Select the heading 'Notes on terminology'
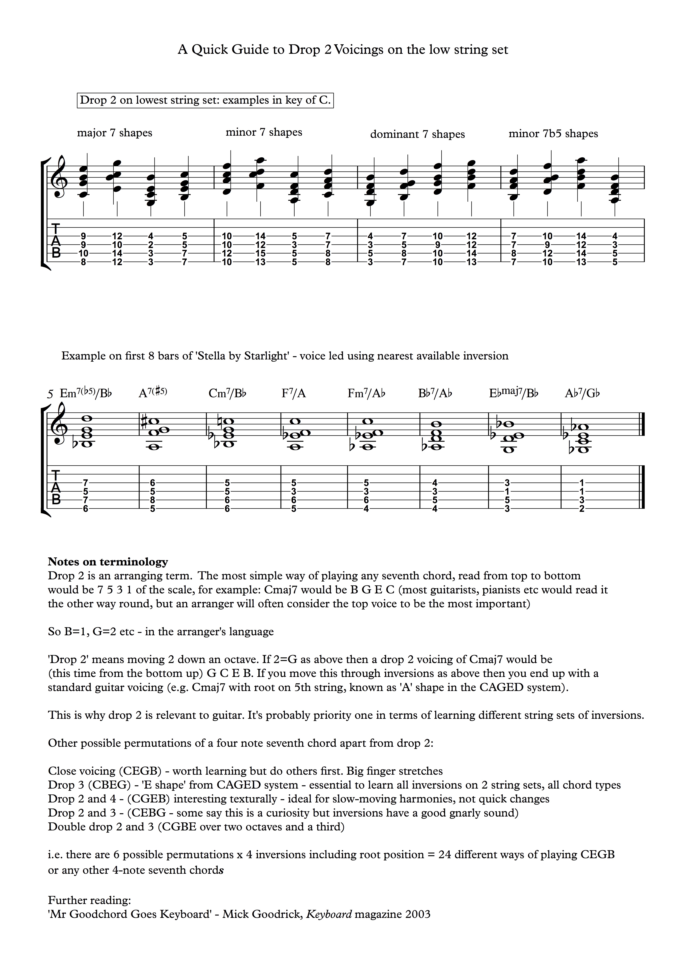coord(108,562)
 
